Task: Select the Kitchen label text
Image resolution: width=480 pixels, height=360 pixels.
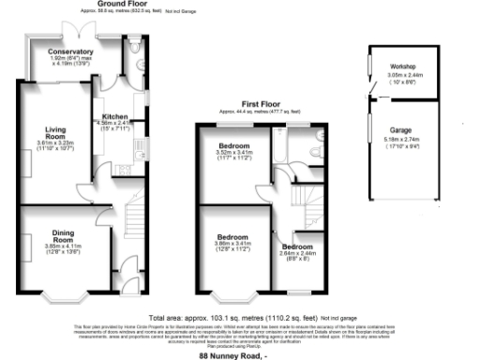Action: click(x=115, y=117)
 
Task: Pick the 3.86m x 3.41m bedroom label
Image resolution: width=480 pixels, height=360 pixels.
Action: click(x=233, y=237)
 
